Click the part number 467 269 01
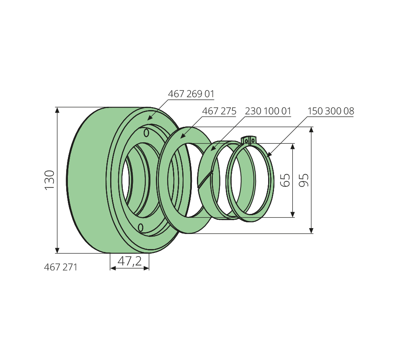click(191, 94)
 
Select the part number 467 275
click(219, 111)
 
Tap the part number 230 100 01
click(268, 111)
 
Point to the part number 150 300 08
click(331, 111)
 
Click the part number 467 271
click(60, 267)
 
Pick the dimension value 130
click(49, 180)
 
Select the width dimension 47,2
click(129, 261)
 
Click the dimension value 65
click(286, 180)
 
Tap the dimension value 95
click(304, 180)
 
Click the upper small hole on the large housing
click(146, 133)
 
